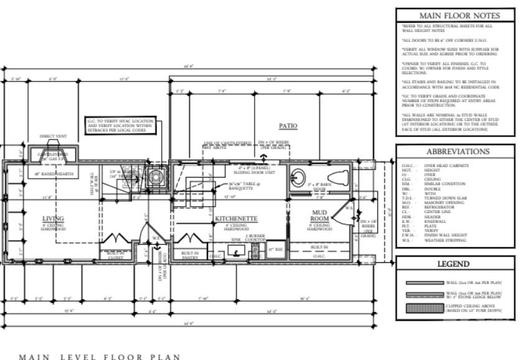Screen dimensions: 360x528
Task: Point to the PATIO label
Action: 288,125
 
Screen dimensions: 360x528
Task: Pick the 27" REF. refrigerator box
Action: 275,250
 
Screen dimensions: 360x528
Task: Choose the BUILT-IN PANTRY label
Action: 190,255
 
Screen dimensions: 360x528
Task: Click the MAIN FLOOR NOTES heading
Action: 455,15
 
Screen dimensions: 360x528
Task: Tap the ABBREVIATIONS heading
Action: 455,151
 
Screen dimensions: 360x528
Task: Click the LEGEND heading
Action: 455,264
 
